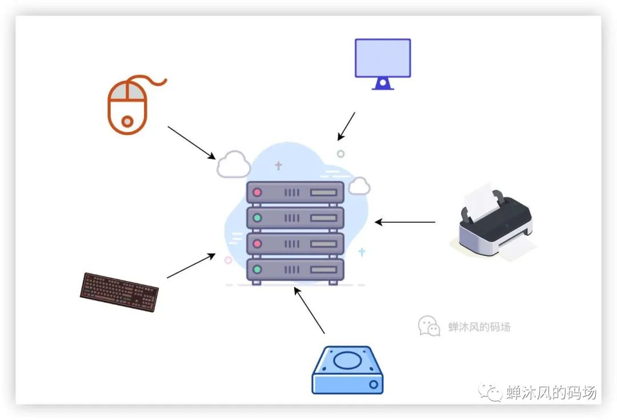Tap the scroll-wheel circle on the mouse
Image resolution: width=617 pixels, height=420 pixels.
(x=127, y=121)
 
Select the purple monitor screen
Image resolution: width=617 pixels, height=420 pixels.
(x=383, y=58)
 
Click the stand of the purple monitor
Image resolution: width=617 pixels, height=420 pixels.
(x=382, y=84)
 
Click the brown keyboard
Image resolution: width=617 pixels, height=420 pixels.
(x=119, y=291)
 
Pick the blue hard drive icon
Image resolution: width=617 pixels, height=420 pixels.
(x=348, y=370)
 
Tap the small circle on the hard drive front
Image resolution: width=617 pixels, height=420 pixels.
(x=374, y=385)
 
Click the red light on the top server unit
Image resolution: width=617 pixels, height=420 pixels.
(x=257, y=192)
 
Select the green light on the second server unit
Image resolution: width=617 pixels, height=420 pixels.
(x=257, y=218)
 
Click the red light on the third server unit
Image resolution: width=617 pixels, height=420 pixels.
(x=257, y=243)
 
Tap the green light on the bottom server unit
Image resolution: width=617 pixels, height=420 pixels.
(x=257, y=270)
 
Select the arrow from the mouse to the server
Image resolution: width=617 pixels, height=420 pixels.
(x=191, y=143)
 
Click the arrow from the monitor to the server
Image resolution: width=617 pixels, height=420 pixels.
(x=346, y=126)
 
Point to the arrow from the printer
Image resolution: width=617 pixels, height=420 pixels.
(x=405, y=222)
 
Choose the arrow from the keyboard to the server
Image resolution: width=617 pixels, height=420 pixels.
(x=191, y=266)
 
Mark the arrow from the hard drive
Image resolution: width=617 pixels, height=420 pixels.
(x=309, y=311)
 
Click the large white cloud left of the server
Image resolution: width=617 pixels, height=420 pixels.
(x=234, y=165)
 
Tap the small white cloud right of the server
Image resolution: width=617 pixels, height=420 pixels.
(x=359, y=186)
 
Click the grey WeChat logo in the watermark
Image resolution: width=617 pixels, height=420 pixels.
(x=429, y=326)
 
